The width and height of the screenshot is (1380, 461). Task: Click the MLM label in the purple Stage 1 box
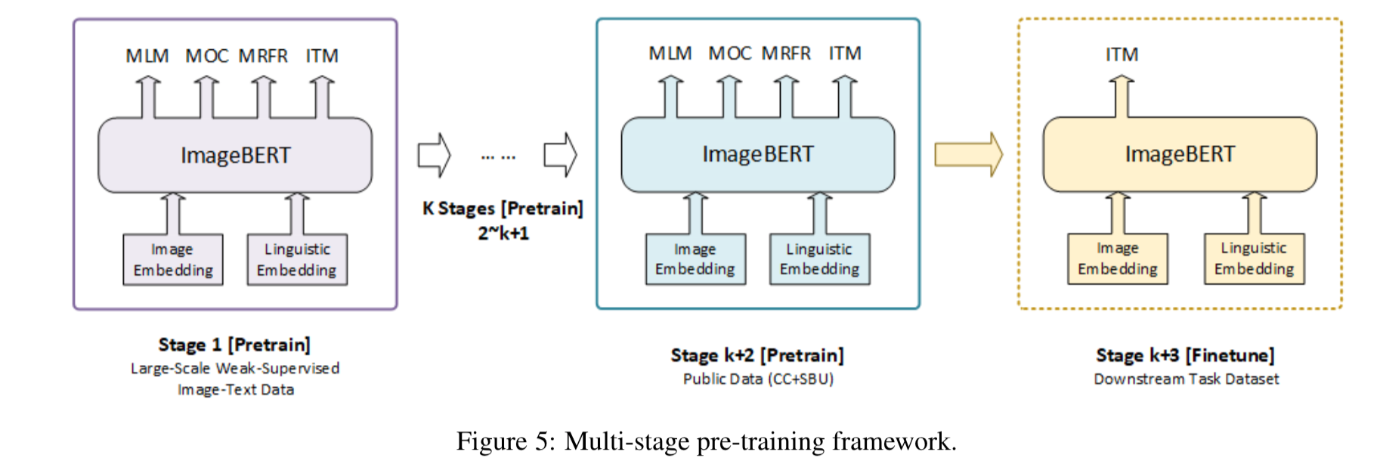click(x=147, y=56)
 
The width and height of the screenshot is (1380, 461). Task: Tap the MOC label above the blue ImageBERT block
click(x=729, y=54)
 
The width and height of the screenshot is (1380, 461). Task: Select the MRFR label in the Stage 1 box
click(x=263, y=56)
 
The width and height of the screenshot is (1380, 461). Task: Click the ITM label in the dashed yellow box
click(x=1122, y=54)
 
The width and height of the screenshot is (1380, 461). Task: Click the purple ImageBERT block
click(x=235, y=155)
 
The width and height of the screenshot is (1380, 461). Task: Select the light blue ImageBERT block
click(x=757, y=154)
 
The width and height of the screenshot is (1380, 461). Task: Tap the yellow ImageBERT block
click(x=1179, y=154)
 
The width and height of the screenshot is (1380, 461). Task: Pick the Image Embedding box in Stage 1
click(x=173, y=259)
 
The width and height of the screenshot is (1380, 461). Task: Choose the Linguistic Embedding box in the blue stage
click(x=819, y=259)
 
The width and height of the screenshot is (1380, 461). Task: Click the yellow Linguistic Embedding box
click(x=1254, y=258)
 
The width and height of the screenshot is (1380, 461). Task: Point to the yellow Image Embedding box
click(x=1117, y=258)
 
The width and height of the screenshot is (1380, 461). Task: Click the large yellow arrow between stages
click(x=968, y=154)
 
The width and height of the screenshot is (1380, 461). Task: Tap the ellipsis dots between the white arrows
click(x=498, y=157)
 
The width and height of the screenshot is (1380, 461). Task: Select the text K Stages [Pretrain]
click(x=503, y=209)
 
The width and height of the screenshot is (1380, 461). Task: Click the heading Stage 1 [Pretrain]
click(x=234, y=345)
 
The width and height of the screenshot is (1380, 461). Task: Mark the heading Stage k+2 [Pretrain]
click(x=757, y=355)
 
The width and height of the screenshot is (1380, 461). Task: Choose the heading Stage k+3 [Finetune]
click(x=1185, y=355)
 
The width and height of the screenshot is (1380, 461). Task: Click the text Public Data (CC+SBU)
click(x=758, y=379)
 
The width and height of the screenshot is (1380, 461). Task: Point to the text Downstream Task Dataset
click(x=1186, y=379)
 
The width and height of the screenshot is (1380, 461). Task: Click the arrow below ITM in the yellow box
click(x=1122, y=96)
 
